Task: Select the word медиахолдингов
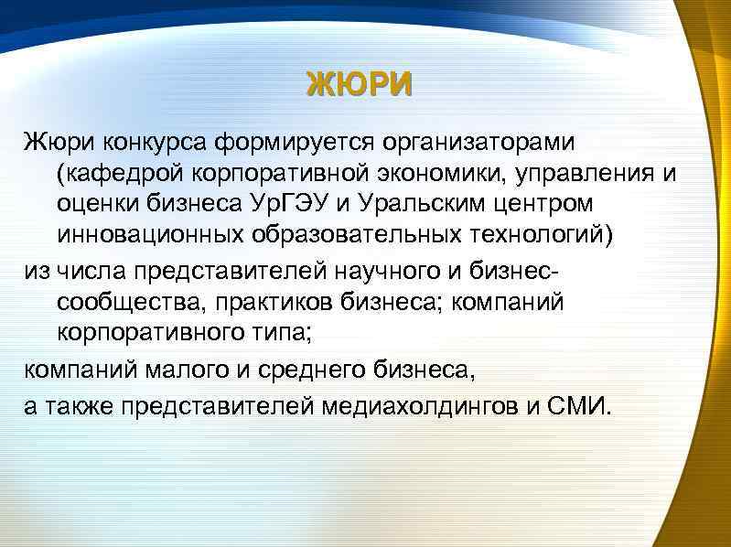[422, 406]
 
